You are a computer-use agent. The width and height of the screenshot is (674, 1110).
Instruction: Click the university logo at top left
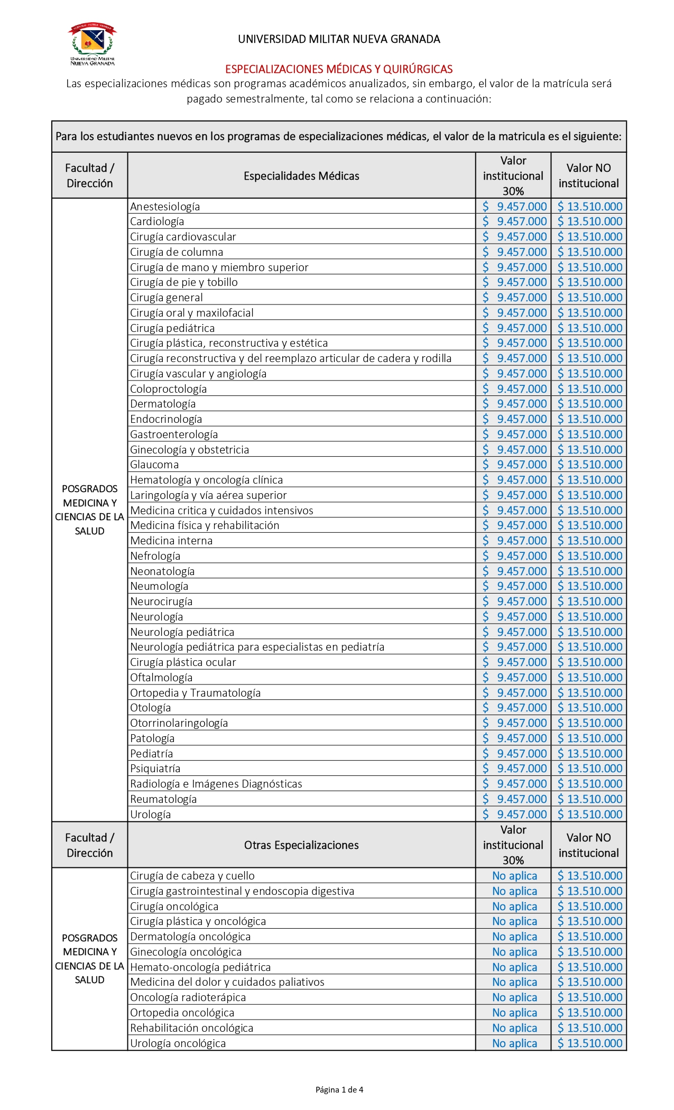[93, 44]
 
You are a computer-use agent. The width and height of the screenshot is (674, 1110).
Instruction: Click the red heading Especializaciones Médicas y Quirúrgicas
[339, 69]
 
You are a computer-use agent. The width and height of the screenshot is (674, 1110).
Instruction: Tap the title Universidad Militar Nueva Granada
[339, 39]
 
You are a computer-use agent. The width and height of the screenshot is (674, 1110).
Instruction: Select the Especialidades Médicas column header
[301, 176]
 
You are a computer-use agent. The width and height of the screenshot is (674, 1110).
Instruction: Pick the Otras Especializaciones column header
[301, 845]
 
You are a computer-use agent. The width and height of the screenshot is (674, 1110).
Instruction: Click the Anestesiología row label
[165, 207]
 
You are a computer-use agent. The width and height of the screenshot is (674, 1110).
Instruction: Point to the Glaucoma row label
[154, 465]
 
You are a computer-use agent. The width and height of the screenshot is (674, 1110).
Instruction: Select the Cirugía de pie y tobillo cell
[184, 282]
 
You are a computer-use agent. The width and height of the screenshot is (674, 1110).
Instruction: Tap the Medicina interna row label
[171, 541]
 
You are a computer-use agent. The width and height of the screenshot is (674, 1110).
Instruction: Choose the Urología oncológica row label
[178, 1043]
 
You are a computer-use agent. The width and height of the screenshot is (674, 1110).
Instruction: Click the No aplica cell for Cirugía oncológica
[514, 906]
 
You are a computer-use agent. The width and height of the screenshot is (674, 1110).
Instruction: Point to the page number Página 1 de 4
[339, 1089]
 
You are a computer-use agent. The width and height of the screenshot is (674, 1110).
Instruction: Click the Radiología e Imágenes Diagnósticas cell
[216, 784]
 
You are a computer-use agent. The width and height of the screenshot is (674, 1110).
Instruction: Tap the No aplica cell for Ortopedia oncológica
[514, 1013]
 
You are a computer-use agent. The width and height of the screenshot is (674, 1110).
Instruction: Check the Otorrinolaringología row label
[179, 723]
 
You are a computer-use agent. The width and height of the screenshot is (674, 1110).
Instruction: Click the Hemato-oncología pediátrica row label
[200, 967]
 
